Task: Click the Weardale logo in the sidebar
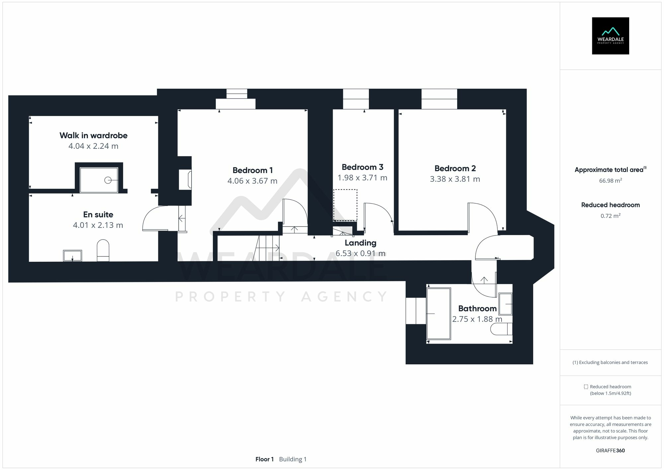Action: pyautogui.click(x=610, y=36)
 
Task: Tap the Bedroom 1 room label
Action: pyautogui.click(x=252, y=170)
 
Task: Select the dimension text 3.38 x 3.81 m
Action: pyautogui.click(x=455, y=179)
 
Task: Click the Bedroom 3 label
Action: pyautogui.click(x=362, y=167)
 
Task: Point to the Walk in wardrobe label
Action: pyautogui.click(x=93, y=136)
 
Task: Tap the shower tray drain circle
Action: pyautogui.click(x=108, y=180)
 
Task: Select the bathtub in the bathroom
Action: pyautogui.click(x=439, y=314)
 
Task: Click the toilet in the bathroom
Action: pyautogui.click(x=501, y=329)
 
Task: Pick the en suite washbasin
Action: pyautogui.click(x=72, y=256)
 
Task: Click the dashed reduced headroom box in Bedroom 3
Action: pyautogui.click(x=345, y=205)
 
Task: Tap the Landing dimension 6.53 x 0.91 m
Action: pyautogui.click(x=360, y=253)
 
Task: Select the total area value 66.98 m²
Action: pyautogui.click(x=610, y=181)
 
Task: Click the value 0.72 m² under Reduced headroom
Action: pyautogui.click(x=610, y=216)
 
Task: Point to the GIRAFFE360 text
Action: pyautogui.click(x=610, y=450)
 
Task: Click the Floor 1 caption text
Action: pyautogui.click(x=264, y=459)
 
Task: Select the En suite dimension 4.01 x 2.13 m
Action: pyautogui.click(x=98, y=225)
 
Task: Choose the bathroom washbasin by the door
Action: pyautogui.click(x=505, y=304)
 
